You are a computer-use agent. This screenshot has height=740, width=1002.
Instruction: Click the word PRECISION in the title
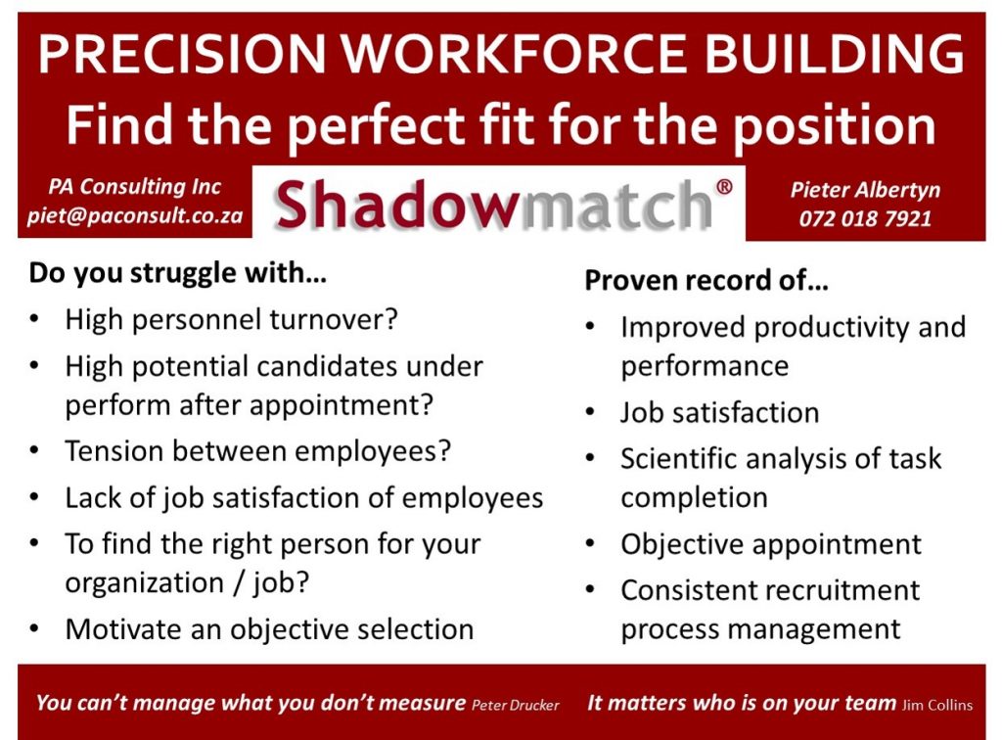(x=182, y=53)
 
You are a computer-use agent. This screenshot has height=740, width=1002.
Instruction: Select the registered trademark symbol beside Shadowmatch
(x=724, y=187)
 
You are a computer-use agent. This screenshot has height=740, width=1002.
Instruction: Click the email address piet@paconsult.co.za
(x=135, y=215)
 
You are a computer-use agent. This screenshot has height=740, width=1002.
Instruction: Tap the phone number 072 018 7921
(x=865, y=218)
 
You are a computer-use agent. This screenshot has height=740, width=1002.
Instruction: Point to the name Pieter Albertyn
(x=865, y=190)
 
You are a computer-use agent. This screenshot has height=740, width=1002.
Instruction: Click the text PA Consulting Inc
(x=135, y=187)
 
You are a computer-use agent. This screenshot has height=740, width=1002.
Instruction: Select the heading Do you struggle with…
(x=178, y=273)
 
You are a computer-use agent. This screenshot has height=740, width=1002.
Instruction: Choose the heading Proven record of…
(x=706, y=281)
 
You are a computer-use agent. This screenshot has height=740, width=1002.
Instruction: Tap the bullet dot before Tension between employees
(x=34, y=450)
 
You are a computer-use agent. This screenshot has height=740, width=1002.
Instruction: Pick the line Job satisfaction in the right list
(x=719, y=413)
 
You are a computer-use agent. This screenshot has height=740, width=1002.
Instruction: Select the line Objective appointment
(x=771, y=544)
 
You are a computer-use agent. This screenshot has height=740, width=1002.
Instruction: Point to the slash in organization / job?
(x=239, y=583)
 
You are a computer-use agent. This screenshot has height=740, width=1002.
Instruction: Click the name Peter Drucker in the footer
(x=515, y=706)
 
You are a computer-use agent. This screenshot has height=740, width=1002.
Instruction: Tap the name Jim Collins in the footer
(x=937, y=706)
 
